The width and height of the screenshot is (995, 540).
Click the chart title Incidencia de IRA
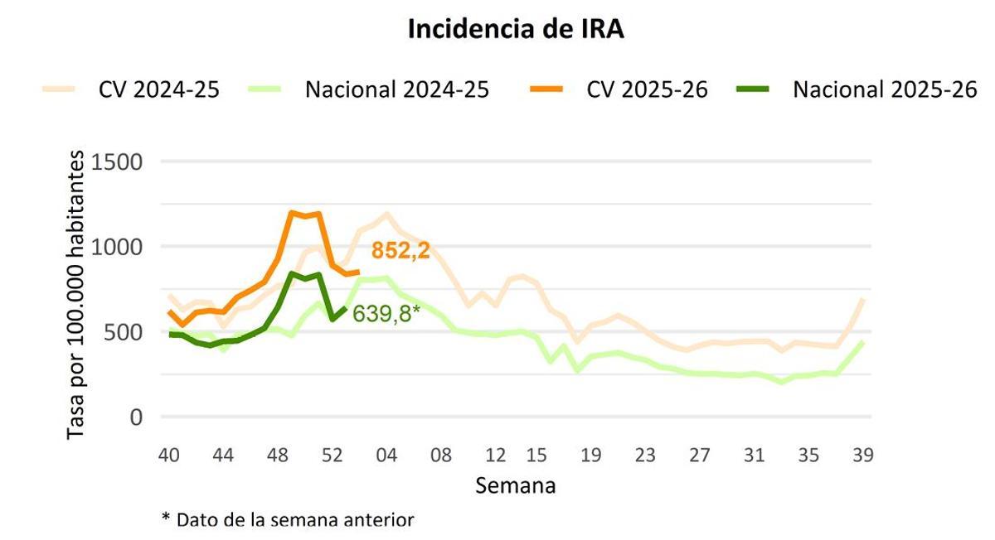[515, 30]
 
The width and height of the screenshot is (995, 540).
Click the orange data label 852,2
[400, 251]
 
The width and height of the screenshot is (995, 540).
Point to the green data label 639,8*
[386, 314]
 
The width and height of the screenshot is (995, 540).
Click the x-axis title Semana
[515, 485]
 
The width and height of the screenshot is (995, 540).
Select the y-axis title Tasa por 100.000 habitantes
[76, 295]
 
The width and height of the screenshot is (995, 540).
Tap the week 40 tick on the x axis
[169, 456]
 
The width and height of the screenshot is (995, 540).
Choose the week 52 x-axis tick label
[332, 456]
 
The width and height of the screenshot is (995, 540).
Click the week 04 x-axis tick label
[386, 456]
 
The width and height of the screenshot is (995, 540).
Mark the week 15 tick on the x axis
[536, 456]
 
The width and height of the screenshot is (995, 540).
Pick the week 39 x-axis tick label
[863, 456]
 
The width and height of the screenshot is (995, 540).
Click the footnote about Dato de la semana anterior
[287, 519]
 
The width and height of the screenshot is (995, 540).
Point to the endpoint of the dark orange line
[358, 272]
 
